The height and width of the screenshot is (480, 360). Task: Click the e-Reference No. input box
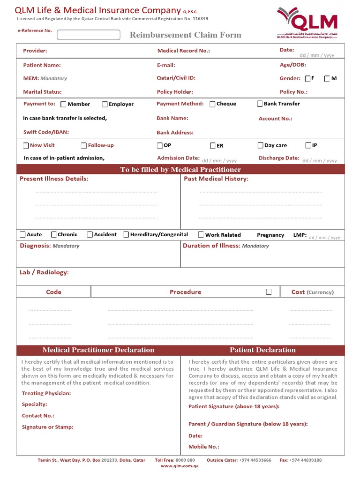click(x=89, y=35)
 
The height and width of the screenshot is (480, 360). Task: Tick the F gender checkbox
click(x=307, y=79)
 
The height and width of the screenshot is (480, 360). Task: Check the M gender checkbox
click(x=327, y=79)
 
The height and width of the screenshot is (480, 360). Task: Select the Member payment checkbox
click(x=64, y=104)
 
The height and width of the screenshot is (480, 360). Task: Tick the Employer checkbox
click(x=105, y=104)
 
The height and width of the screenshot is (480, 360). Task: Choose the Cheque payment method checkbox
click(x=212, y=104)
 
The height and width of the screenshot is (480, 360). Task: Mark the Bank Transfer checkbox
click(x=260, y=104)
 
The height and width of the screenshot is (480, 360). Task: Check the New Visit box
click(x=26, y=146)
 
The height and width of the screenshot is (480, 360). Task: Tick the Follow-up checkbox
click(x=84, y=146)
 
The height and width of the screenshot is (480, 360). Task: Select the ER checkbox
click(x=213, y=146)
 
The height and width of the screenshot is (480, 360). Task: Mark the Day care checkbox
click(x=260, y=146)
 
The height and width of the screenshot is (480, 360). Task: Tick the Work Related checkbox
click(x=201, y=234)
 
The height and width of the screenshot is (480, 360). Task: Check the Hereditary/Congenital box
click(x=126, y=234)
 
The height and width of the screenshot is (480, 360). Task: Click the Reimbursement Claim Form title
click(x=185, y=35)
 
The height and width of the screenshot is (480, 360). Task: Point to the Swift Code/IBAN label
click(x=46, y=132)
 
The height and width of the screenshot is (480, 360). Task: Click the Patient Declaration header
click(x=262, y=350)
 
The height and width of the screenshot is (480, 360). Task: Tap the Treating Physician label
click(x=46, y=393)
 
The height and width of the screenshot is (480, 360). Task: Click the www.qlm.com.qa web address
click(x=180, y=466)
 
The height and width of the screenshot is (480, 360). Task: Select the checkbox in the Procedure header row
click(x=269, y=292)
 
